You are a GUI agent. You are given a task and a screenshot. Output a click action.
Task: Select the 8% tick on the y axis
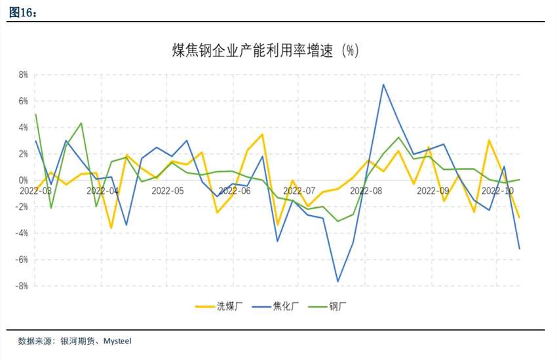(x=22, y=75)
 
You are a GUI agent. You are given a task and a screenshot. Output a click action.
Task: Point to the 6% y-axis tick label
(x=22, y=101)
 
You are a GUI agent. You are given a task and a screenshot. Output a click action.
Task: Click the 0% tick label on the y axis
(x=22, y=180)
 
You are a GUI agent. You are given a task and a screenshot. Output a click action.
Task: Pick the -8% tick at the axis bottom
(x=21, y=286)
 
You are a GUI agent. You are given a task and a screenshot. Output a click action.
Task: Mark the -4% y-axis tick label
(x=21, y=233)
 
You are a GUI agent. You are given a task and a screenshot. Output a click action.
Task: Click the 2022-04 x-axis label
(x=102, y=191)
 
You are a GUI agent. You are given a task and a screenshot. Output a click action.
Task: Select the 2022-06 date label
(x=234, y=191)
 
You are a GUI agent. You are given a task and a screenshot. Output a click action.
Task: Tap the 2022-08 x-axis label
(x=366, y=191)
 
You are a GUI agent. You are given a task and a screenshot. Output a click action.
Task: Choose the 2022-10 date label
(x=497, y=191)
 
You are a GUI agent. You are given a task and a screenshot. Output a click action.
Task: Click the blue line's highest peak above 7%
(x=383, y=84)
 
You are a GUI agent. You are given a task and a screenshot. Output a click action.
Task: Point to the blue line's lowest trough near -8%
(x=338, y=282)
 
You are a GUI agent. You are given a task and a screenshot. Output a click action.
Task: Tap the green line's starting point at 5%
(x=35, y=114)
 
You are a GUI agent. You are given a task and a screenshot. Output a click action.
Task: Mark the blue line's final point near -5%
(x=520, y=249)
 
